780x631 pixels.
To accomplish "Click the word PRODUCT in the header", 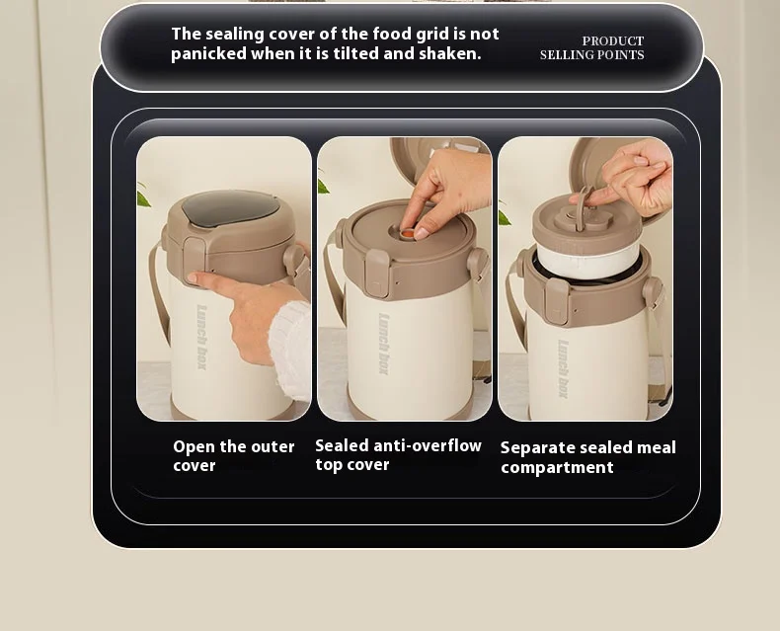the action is pos(613,40).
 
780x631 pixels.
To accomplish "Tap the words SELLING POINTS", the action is pos(592,54).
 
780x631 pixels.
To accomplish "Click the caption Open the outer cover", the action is pos(234,456).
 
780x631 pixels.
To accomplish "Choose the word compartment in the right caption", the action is pos(557,468).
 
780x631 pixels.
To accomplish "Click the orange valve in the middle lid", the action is pos(408,233).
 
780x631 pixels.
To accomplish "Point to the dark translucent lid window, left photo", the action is pos(230,208).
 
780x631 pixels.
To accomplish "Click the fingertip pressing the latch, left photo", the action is pos(193,277).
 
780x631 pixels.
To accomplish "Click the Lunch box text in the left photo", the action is pos(201,337).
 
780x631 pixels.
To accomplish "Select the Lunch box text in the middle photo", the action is pos(383,344).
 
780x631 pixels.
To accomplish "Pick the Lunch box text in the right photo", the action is pos(563,368).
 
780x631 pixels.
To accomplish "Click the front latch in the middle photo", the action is pos(376,274).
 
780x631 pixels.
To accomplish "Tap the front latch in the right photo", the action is pos(556,300).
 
